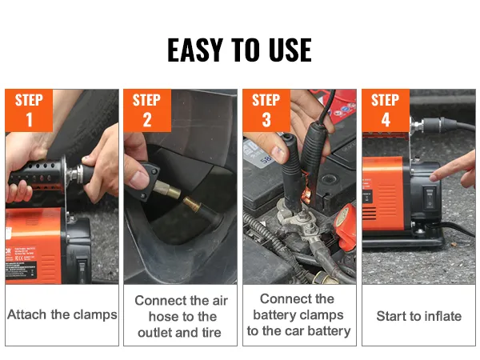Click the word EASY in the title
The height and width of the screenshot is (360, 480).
pos(195,50)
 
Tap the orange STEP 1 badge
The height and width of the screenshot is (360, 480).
pos(29,110)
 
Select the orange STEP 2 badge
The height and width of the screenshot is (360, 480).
pos(147,110)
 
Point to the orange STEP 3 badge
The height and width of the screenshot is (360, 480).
pos(266,110)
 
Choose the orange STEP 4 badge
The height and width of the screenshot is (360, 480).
pos(386,110)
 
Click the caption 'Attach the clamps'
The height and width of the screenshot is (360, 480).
pos(62,314)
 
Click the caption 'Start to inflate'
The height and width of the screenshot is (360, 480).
pos(418,316)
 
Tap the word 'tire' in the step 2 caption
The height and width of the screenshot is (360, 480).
pos(211,333)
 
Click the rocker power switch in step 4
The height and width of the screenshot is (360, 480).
pos(429,198)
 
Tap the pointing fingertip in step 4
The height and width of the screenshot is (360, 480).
pos(434,178)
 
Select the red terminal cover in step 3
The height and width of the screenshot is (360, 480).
pos(347,226)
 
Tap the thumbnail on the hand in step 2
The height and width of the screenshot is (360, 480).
pos(139,180)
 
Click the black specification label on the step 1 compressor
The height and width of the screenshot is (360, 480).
pos(22,269)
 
